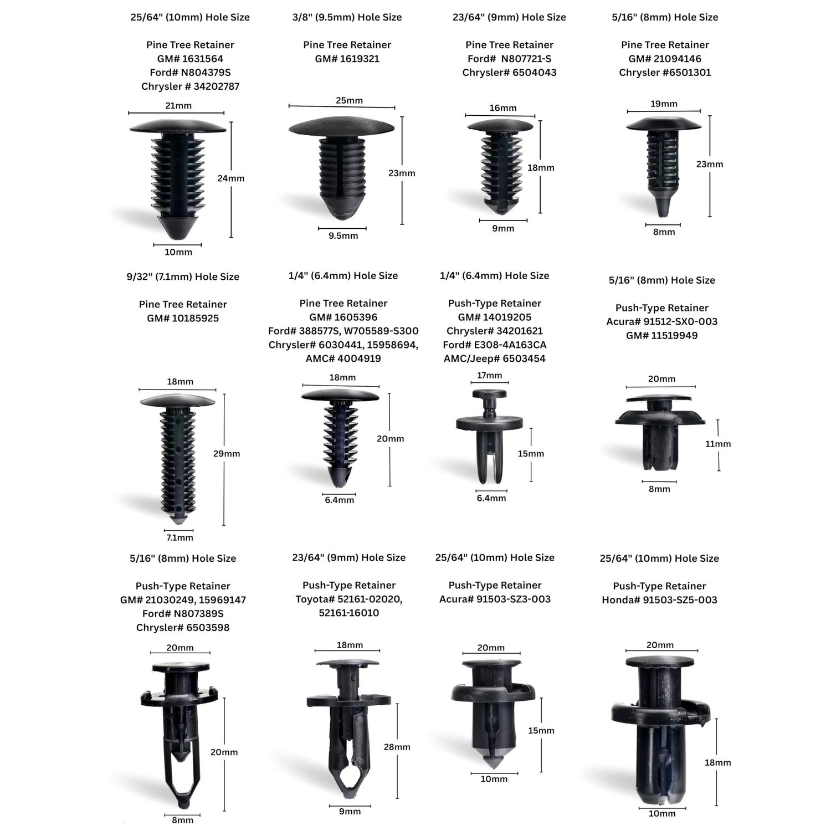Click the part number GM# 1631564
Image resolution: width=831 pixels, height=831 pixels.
(x=190, y=59)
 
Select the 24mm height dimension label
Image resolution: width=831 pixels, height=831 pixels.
(x=231, y=178)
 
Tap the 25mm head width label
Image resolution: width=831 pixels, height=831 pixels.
(x=349, y=100)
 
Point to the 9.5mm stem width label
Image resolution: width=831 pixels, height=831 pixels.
(x=343, y=235)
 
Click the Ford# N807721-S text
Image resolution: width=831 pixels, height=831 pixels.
(x=510, y=59)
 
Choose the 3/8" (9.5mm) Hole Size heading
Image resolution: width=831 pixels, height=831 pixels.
(x=347, y=17)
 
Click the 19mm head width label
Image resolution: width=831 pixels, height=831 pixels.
(x=664, y=104)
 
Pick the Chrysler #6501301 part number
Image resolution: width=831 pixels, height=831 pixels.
(x=665, y=73)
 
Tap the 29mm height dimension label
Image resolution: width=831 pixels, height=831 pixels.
(x=227, y=453)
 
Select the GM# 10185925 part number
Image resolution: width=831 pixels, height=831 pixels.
(x=183, y=318)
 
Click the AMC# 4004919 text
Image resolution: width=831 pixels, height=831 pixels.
(x=343, y=358)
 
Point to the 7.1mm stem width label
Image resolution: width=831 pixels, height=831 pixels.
(x=179, y=537)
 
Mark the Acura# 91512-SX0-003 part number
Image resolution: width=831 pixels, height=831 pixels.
(x=662, y=321)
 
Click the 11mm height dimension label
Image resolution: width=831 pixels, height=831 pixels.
(x=717, y=444)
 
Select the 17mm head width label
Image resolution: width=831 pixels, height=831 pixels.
(x=490, y=375)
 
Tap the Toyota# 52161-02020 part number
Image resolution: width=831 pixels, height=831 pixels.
(x=349, y=599)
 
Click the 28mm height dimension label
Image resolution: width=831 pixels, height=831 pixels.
(x=397, y=747)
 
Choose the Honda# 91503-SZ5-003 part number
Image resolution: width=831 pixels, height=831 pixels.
(x=659, y=600)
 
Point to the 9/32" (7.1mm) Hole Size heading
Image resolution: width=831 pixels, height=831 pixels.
(x=183, y=276)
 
